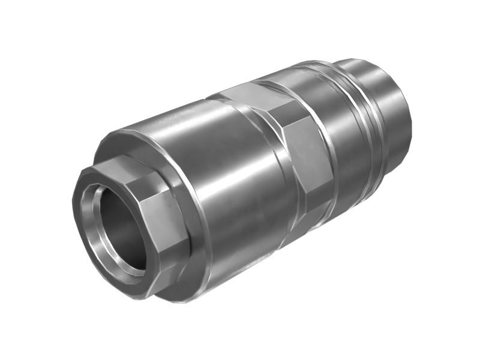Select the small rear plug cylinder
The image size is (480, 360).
pyautogui.click(x=384, y=90)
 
